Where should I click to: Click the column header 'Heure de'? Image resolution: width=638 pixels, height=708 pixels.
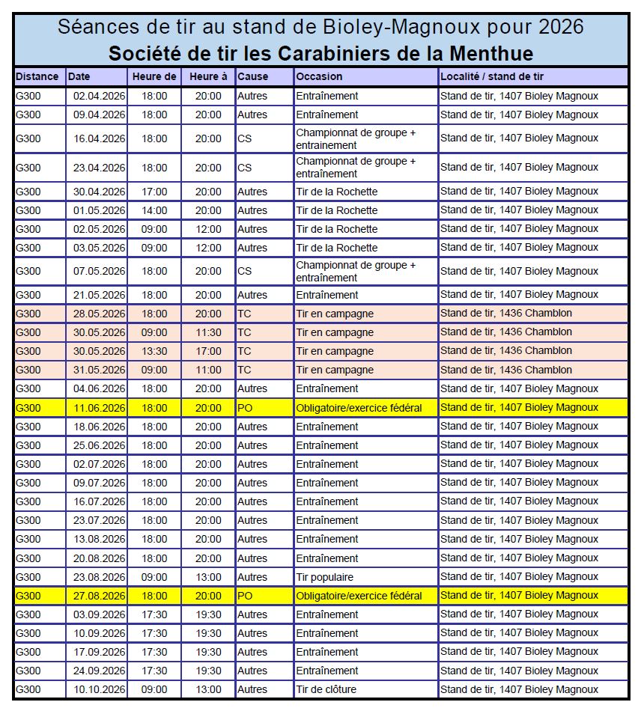[154, 76]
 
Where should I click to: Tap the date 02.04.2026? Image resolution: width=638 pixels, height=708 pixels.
[100, 96]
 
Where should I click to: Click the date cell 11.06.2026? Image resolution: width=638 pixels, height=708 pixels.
[100, 408]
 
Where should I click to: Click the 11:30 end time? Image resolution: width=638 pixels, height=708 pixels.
[209, 332]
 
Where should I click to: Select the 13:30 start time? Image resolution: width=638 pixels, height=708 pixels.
[155, 351]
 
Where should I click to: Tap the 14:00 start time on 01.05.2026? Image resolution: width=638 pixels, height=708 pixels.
[155, 210]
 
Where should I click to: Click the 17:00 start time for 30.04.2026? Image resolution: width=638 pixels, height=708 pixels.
[155, 192]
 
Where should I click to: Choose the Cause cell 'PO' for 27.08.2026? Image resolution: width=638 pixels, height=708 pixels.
[245, 596]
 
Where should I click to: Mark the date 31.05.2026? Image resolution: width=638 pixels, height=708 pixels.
[100, 370]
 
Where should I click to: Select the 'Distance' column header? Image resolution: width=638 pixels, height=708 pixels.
[37, 76]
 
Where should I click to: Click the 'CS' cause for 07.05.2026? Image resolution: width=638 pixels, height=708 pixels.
[245, 271]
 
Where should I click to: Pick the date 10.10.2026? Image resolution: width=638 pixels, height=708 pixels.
[100, 689]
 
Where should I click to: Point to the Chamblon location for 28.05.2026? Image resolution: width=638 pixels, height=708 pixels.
[506, 314]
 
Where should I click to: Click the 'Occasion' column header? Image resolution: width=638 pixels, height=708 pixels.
[319, 76]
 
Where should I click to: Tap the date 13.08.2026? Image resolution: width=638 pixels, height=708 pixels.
[100, 539]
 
